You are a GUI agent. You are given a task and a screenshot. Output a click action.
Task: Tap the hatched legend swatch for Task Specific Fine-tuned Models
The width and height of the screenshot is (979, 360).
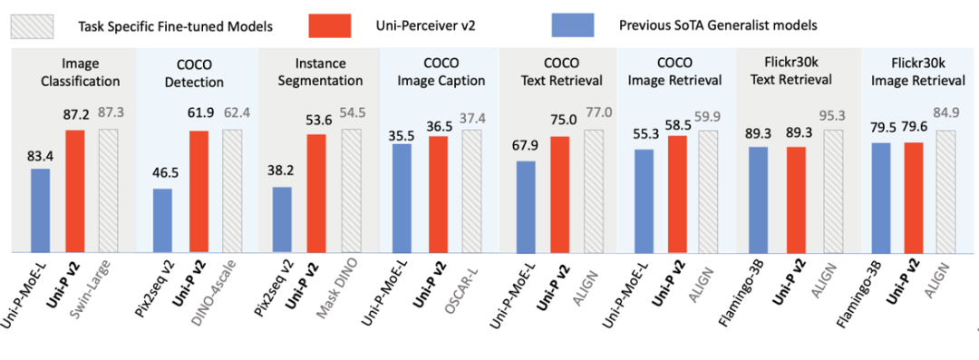pos(31,24)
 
